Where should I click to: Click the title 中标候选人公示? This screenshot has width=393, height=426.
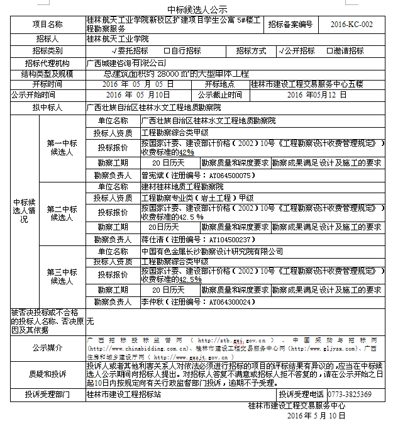click(197, 9)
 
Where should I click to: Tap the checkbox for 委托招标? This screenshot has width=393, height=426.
click(113, 51)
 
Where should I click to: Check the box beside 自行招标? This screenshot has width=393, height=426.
click(166, 51)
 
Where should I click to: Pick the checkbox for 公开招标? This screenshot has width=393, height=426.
click(279, 51)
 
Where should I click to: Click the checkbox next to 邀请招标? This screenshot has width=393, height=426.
click(329, 51)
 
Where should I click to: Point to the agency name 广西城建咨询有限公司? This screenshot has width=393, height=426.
click(126, 63)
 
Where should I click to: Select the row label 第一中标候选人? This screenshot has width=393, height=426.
click(62, 148)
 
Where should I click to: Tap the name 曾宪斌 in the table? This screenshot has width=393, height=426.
click(152, 176)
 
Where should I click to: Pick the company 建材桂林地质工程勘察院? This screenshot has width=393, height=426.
click(182, 186)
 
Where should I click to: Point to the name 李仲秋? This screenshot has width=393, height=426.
click(152, 302)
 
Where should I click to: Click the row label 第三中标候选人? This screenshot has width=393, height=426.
click(62, 276)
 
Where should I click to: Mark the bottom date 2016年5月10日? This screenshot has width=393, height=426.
click(313, 416)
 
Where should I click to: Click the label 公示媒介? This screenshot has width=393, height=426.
click(48, 347)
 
